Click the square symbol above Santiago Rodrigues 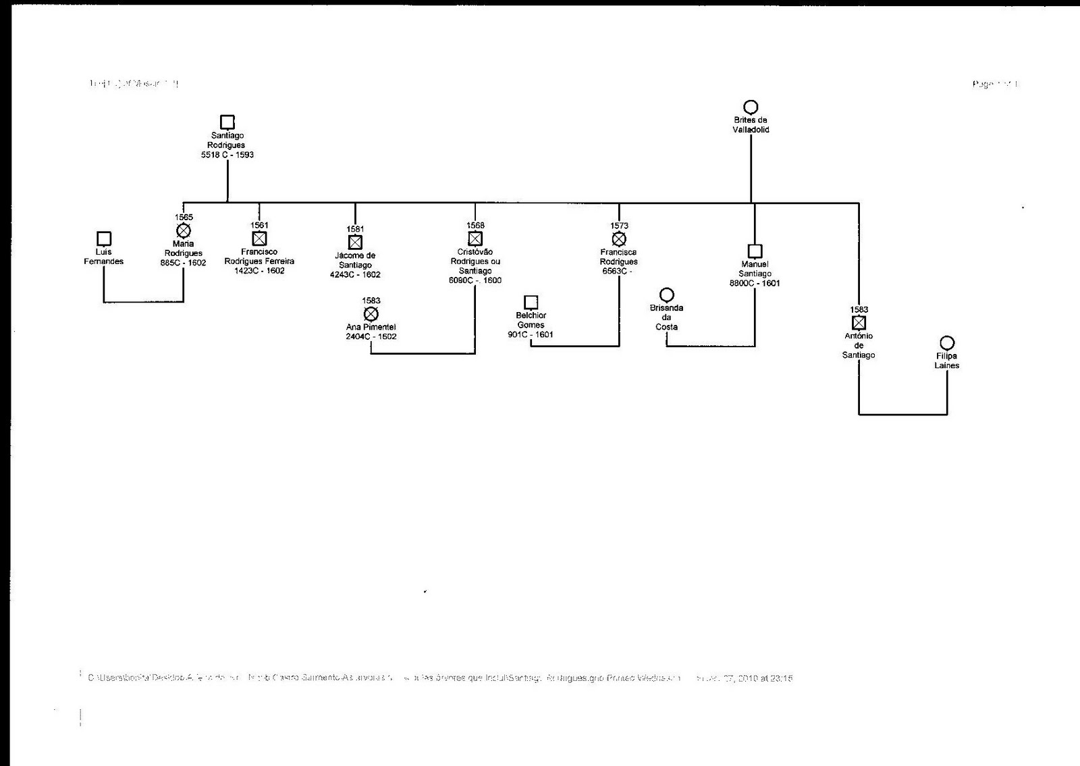(x=227, y=122)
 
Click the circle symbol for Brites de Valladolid (x=751, y=107)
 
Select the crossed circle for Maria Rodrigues (x=184, y=231)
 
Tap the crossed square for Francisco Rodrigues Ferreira (x=259, y=238)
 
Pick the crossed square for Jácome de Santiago (x=355, y=242)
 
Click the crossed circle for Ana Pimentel (x=371, y=314)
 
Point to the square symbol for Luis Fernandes (x=104, y=238)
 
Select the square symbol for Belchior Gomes (x=531, y=302)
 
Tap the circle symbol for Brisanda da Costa (x=667, y=295)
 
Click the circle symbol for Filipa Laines (x=947, y=343)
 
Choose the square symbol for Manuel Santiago (x=755, y=251)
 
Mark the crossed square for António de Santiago (x=859, y=323)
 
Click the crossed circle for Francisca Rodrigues (x=619, y=238)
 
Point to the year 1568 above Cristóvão (x=475, y=226)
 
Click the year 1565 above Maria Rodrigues (x=184, y=218)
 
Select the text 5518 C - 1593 (x=227, y=155)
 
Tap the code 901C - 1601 (x=531, y=334)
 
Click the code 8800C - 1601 (x=755, y=283)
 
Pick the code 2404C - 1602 (x=371, y=336)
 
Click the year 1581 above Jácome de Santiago (x=355, y=229)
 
